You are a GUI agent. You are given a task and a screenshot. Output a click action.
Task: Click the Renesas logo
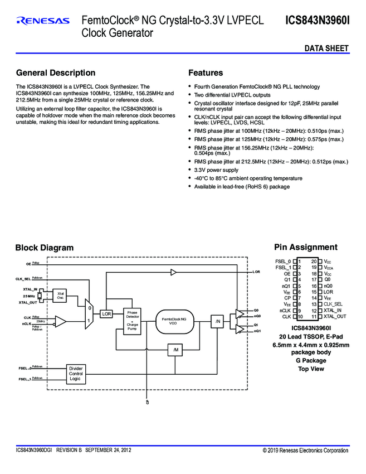click(43, 21)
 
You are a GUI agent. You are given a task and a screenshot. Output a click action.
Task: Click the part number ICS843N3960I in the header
click(317, 21)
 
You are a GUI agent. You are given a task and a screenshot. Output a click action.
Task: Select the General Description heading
click(56, 73)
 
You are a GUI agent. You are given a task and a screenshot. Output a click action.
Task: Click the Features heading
click(206, 73)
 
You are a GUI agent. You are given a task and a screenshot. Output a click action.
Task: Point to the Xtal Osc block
click(60, 296)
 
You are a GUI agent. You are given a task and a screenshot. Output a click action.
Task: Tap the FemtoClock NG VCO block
click(177, 321)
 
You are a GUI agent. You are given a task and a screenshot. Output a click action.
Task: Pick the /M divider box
click(175, 350)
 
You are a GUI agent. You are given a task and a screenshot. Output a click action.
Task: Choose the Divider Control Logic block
click(75, 373)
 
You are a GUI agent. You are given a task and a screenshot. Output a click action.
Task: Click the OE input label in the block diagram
click(28, 263)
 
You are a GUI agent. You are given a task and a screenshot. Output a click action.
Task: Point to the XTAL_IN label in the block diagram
click(30, 289)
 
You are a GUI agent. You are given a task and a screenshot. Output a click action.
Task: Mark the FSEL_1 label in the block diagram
click(25, 379)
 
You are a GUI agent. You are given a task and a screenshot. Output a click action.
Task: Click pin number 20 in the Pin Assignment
click(314, 261)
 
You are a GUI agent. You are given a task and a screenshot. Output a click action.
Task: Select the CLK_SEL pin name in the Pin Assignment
click(333, 304)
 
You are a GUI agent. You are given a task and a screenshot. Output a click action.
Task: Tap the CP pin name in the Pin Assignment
click(287, 298)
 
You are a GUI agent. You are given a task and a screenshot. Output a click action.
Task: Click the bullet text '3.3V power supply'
click(216, 170)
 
